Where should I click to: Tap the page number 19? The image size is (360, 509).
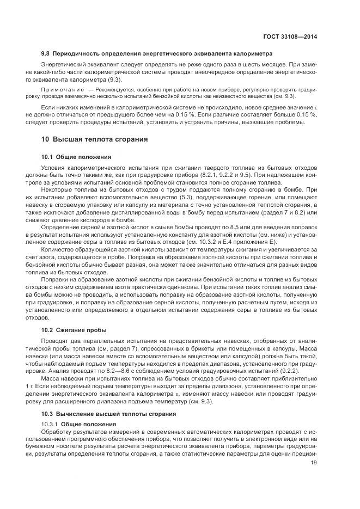(314, 463)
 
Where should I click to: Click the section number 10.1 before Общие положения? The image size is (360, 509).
(49, 157)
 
